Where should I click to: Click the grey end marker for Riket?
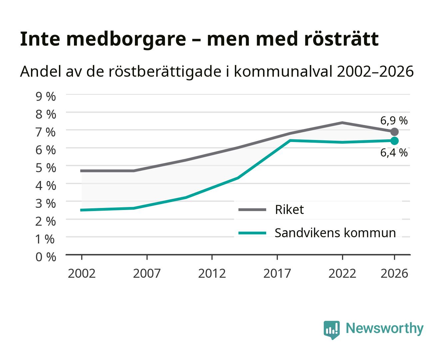(394, 132)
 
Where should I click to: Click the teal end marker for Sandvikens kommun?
(394, 141)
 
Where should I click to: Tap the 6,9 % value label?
(394, 121)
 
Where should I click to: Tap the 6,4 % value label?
(394, 153)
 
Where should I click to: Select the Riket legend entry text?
(289, 209)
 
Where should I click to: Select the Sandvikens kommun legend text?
(335, 233)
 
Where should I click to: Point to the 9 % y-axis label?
(46, 97)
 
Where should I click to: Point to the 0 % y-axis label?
(46, 257)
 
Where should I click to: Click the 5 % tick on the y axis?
(46, 168)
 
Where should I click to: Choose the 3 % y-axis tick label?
(46, 203)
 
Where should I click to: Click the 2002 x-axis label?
(82, 273)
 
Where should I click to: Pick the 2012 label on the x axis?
(212, 273)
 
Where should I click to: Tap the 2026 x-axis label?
(394, 273)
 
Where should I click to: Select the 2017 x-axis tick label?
(277, 273)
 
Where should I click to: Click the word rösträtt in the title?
(341, 39)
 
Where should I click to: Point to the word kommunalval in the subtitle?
(283, 71)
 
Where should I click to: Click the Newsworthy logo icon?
(331, 330)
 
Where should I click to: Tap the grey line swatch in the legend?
(252, 209)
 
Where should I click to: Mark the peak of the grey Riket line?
(342, 123)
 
